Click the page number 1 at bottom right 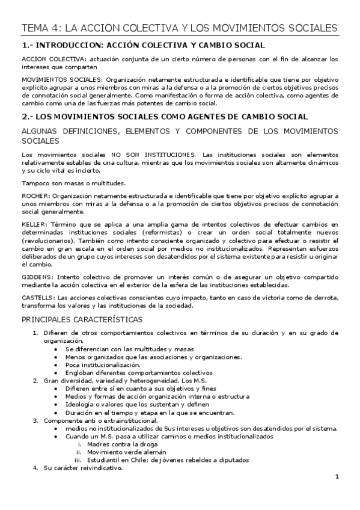click(337, 476)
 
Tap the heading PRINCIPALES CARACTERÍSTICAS click(82, 319)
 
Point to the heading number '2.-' click(28, 117)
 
